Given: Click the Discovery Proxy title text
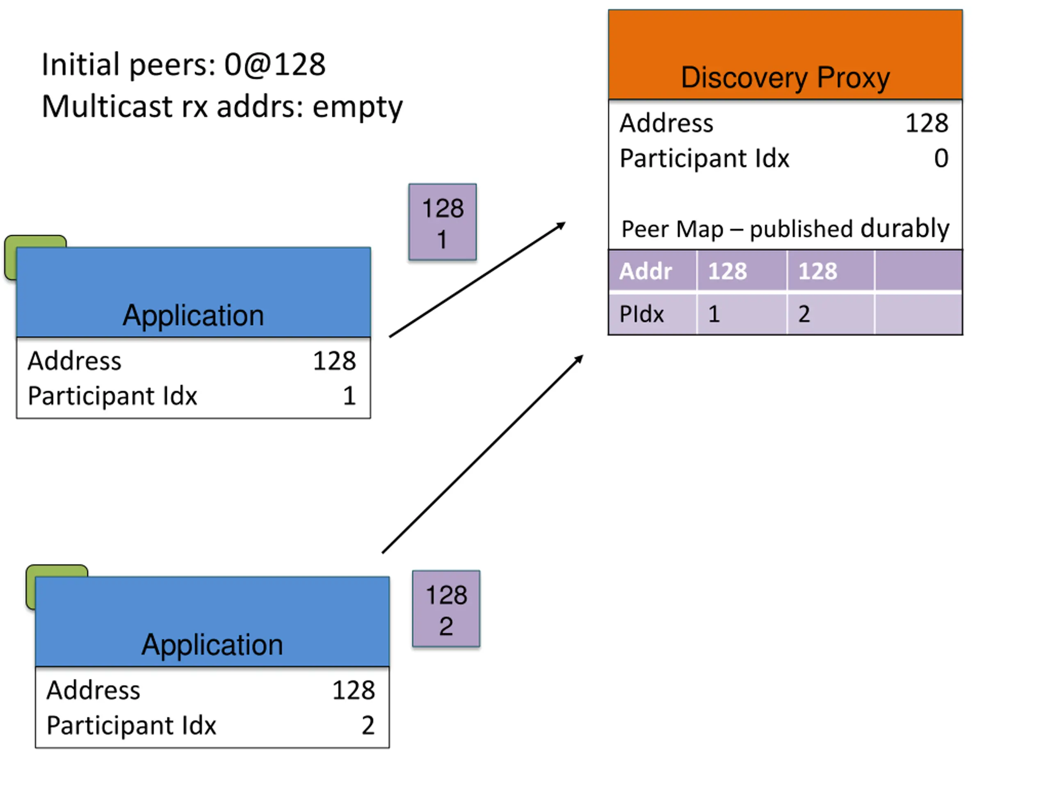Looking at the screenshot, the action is (785, 78).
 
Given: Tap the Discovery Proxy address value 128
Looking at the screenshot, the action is (927, 123).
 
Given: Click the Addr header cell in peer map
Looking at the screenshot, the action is (653, 271).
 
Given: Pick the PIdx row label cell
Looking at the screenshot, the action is (653, 314).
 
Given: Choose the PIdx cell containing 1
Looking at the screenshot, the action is (742, 314).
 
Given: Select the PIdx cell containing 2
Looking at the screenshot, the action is (830, 314).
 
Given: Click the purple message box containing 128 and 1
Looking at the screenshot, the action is (443, 222).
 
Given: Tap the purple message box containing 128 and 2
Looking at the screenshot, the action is (446, 609).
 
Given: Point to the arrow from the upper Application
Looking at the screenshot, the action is (477, 279).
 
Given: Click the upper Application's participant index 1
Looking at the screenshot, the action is (349, 396).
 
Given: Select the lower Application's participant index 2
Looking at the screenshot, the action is (368, 725).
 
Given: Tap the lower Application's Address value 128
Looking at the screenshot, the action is (353, 690).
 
